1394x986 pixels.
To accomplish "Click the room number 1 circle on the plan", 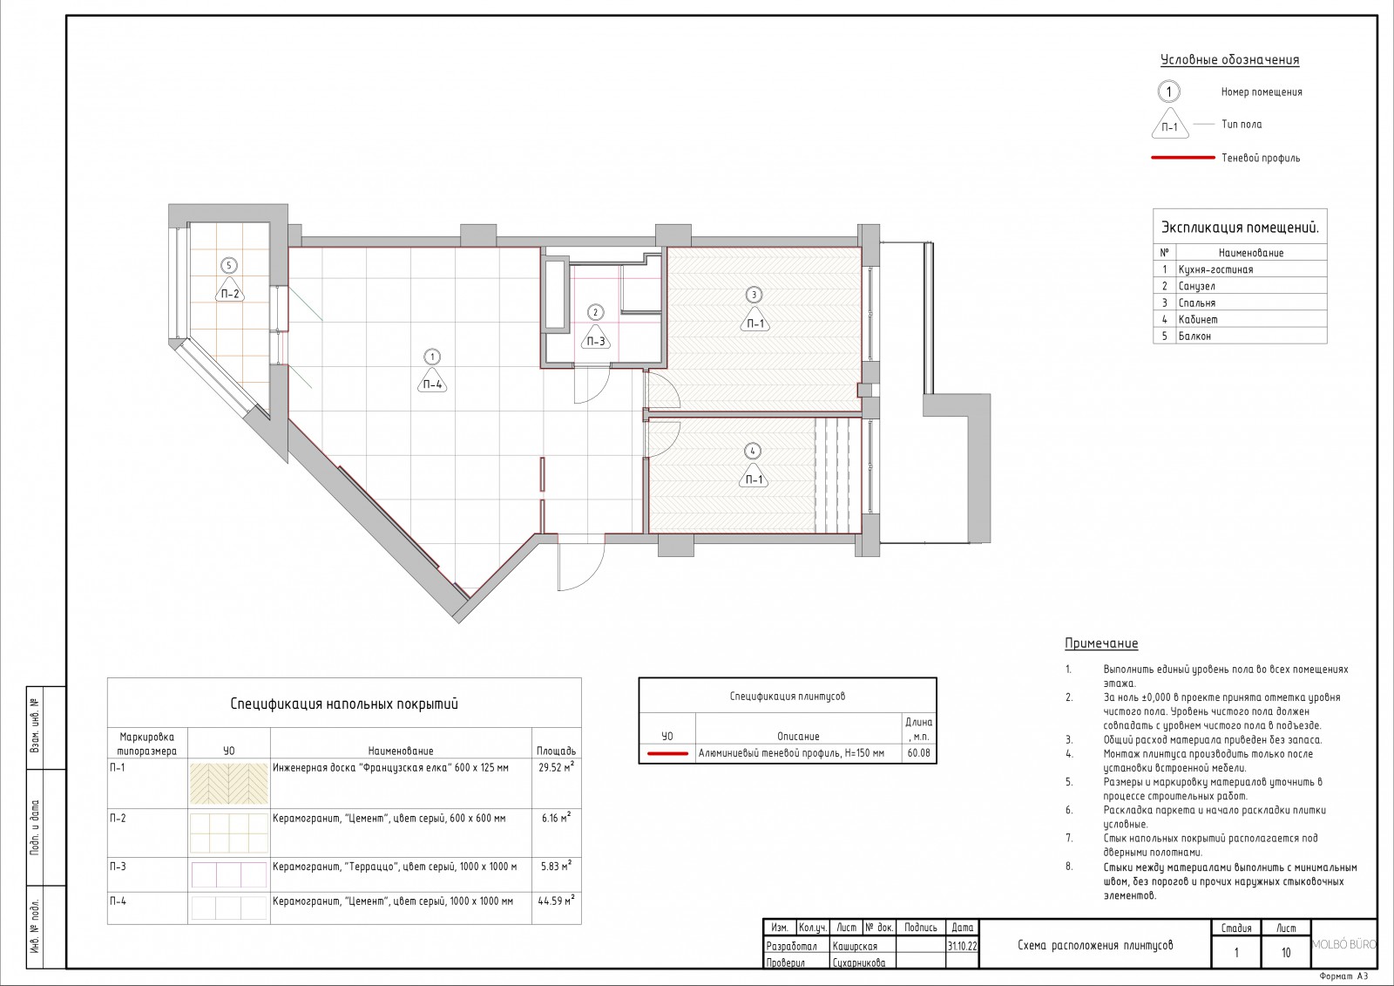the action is [x=432, y=357].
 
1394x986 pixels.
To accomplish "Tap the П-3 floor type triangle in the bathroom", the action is [x=596, y=339].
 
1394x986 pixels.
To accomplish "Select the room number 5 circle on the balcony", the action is [x=229, y=266].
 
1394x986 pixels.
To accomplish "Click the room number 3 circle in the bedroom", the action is [x=754, y=295].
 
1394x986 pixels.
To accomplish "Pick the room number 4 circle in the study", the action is [x=753, y=451].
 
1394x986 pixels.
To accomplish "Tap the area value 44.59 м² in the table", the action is [x=556, y=901].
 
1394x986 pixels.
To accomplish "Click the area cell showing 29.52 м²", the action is [x=556, y=767].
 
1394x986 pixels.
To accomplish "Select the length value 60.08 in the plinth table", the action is [x=918, y=753].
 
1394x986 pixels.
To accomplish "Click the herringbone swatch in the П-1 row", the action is [x=229, y=783].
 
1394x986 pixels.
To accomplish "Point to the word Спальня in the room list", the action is [x=1197, y=303].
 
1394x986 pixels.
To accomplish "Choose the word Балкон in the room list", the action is [x=1194, y=337].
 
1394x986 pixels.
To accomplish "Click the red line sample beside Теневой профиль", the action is [x=1183, y=158].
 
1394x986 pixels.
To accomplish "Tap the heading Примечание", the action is [x=1101, y=643].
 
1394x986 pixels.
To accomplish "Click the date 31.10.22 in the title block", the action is [x=962, y=946].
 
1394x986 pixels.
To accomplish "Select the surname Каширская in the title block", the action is [x=855, y=946].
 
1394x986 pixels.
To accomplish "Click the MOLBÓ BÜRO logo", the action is [x=1344, y=944].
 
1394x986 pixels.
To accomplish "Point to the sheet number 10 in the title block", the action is [x=1286, y=952].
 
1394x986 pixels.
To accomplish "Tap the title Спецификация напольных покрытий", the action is [x=344, y=704].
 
